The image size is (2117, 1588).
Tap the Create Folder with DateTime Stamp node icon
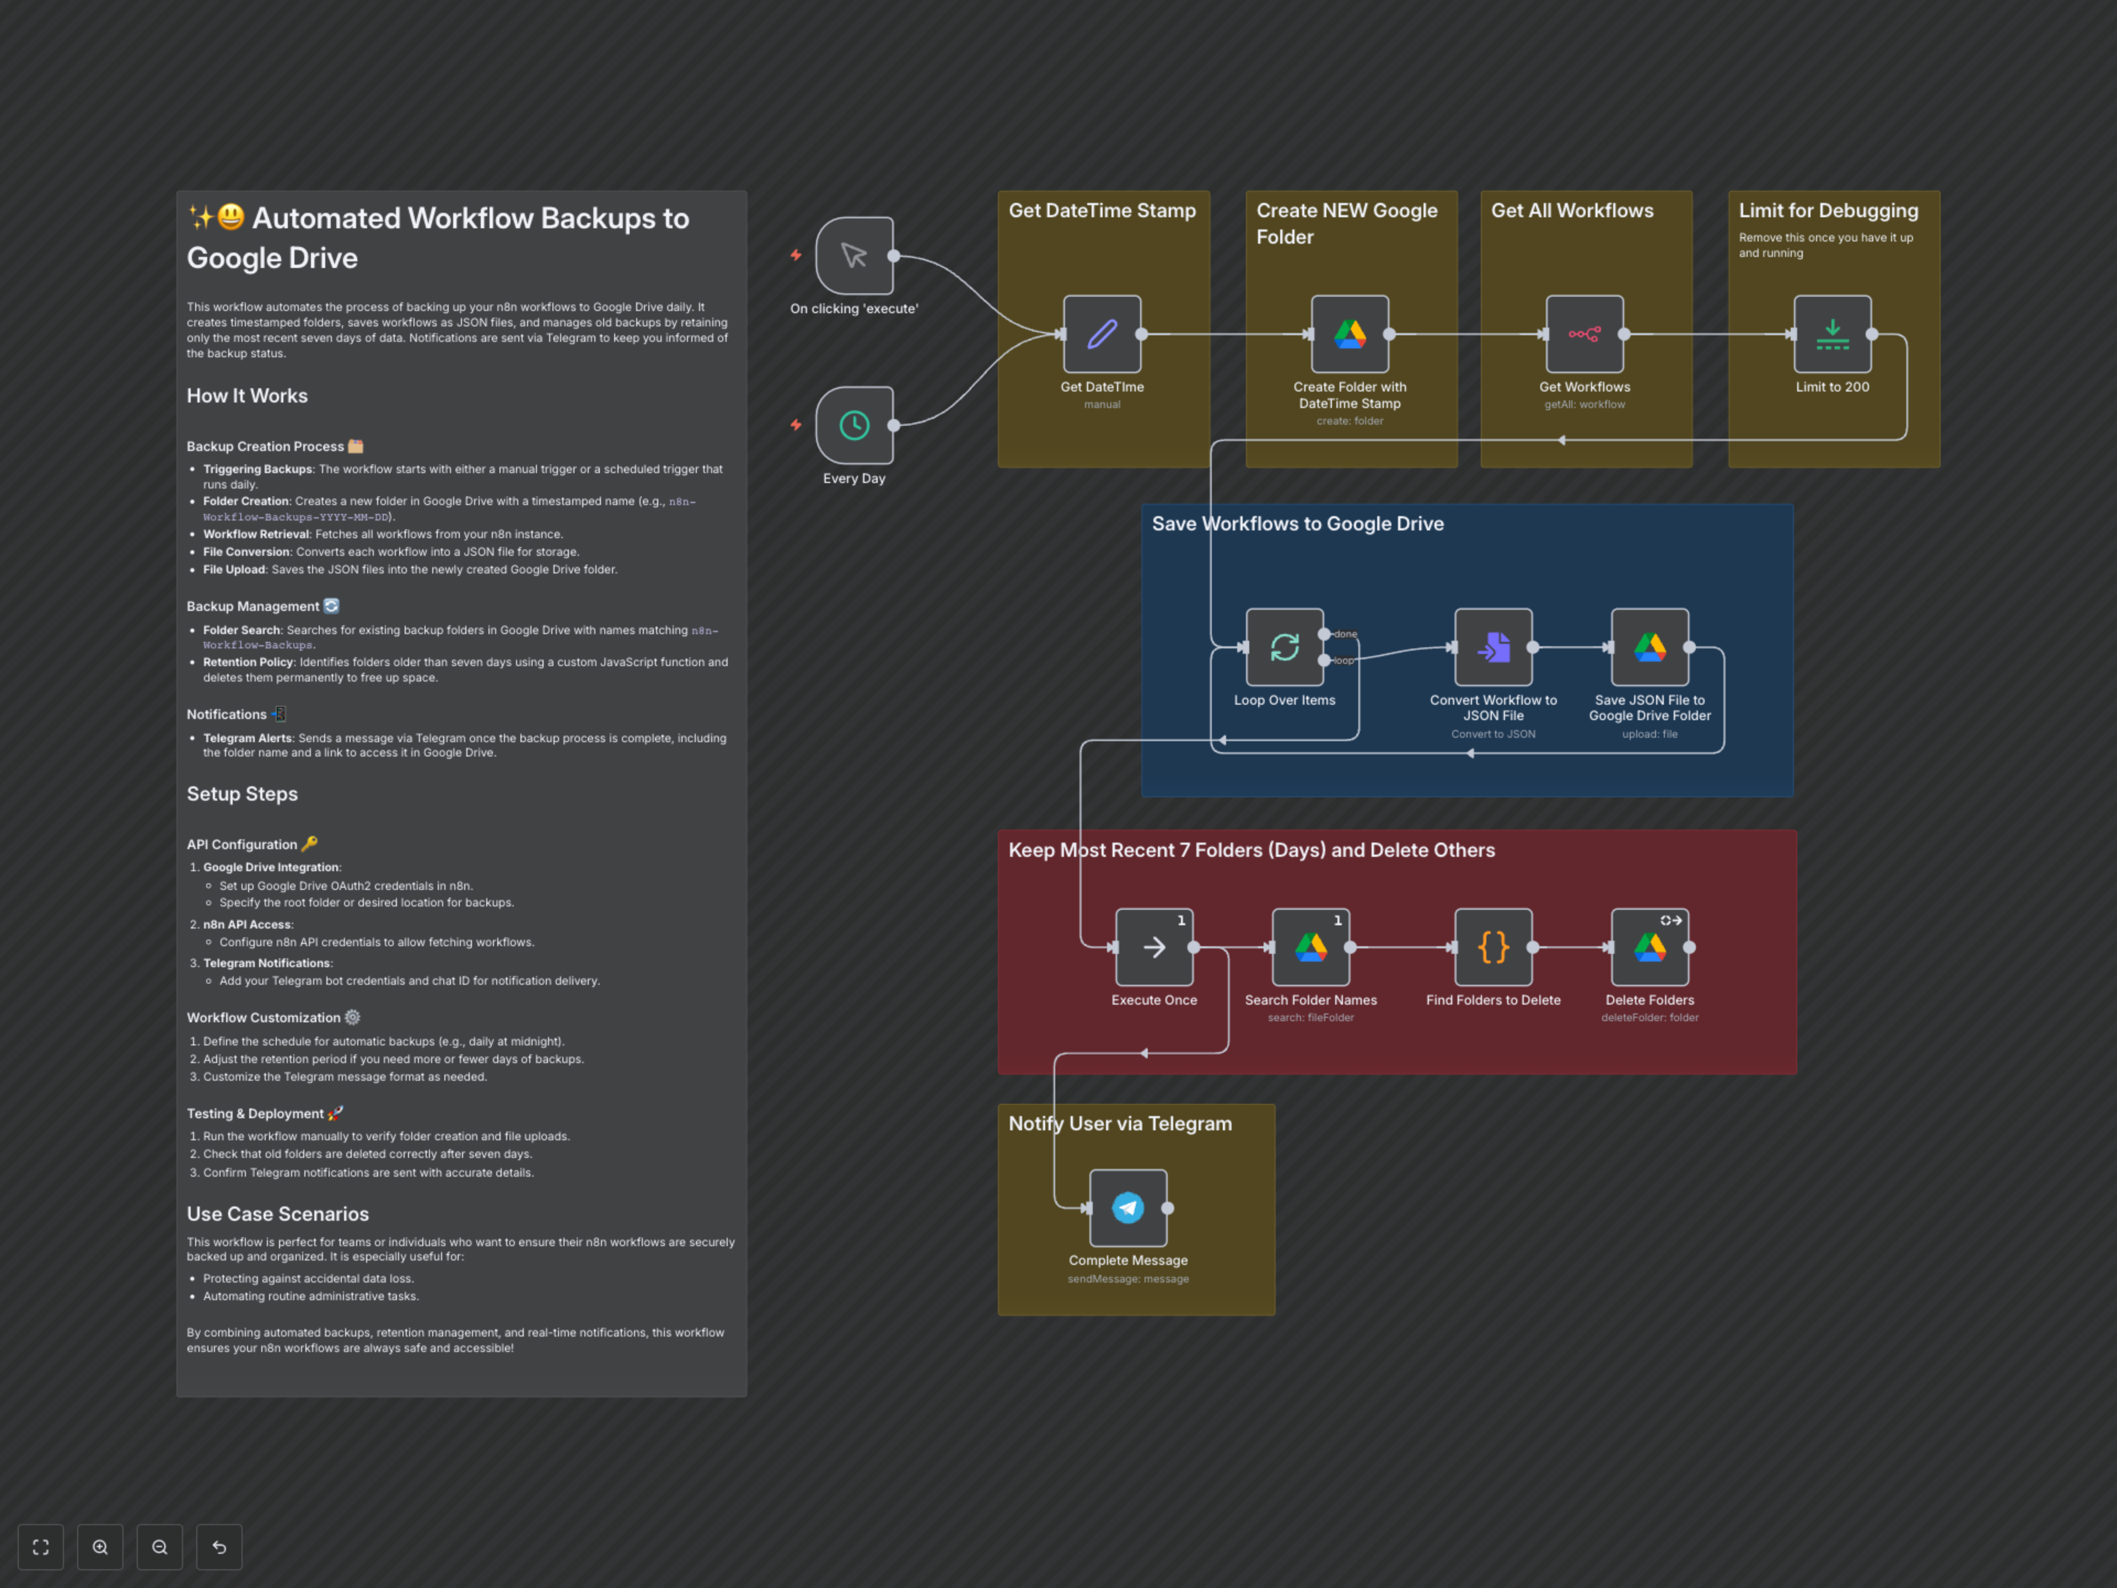coord(1350,334)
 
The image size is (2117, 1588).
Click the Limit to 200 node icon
coord(1832,334)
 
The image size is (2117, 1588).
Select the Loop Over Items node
coord(1285,647)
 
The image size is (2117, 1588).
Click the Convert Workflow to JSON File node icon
coord(1493,647)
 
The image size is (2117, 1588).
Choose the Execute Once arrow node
coord(1154,947)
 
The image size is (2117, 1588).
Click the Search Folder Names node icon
coord(1310,947)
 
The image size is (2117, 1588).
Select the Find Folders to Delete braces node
coord(1493,947)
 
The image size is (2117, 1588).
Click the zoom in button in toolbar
coord(100,1547)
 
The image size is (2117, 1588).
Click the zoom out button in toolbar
coord(160,1547)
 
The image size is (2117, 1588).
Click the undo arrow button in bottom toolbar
coord(219,1547)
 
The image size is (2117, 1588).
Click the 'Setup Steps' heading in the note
coord(242,793)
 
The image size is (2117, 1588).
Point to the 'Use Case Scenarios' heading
coord(277,1214)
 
